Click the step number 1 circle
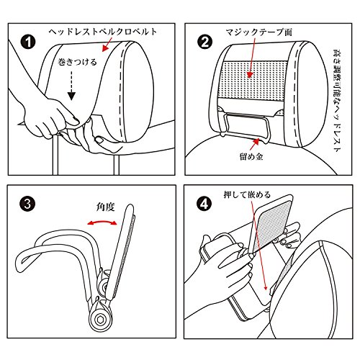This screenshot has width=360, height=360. pyautogui.click(x=28, y=42)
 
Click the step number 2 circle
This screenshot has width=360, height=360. pyautogui.click(x=204, y=42)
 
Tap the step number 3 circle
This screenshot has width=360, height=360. pyautogui.click(x=27, y=204)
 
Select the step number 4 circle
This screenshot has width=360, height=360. pyautogui.click(x=204, y=204)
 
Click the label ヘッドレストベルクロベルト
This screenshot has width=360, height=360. pyautogui.click(x=103, y=32)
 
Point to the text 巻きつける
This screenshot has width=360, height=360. pyautogui.click(x=77, y=62)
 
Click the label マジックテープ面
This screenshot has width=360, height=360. pyautogui.click(x=258, y=32)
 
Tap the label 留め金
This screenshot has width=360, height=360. pyautogui.click(x=251, y=156)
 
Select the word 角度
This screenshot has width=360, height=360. pyautogui.click(x=106, y=207)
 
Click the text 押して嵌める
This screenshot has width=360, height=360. pyautogui.click(x=247, y=194)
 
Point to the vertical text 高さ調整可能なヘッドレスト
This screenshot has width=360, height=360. pyautogui.click(x=338, y=100)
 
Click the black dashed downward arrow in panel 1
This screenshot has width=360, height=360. pyautogui.click(x=71, y=85)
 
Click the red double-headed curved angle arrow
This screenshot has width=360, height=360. pyautogui.click(x=102, y=222)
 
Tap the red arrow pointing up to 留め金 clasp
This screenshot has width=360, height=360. pyautogui.click(x=254, y=143)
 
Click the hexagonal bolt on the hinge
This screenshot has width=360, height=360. pyautogui.click(x=100, y=319)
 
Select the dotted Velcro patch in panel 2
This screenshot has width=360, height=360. pyautogui.click(x=255, y=81)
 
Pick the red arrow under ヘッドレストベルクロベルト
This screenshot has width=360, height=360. pyautogui.click(x=107, y=44)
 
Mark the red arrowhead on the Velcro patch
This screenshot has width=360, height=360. pyautogui.click(x=249, y=75)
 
